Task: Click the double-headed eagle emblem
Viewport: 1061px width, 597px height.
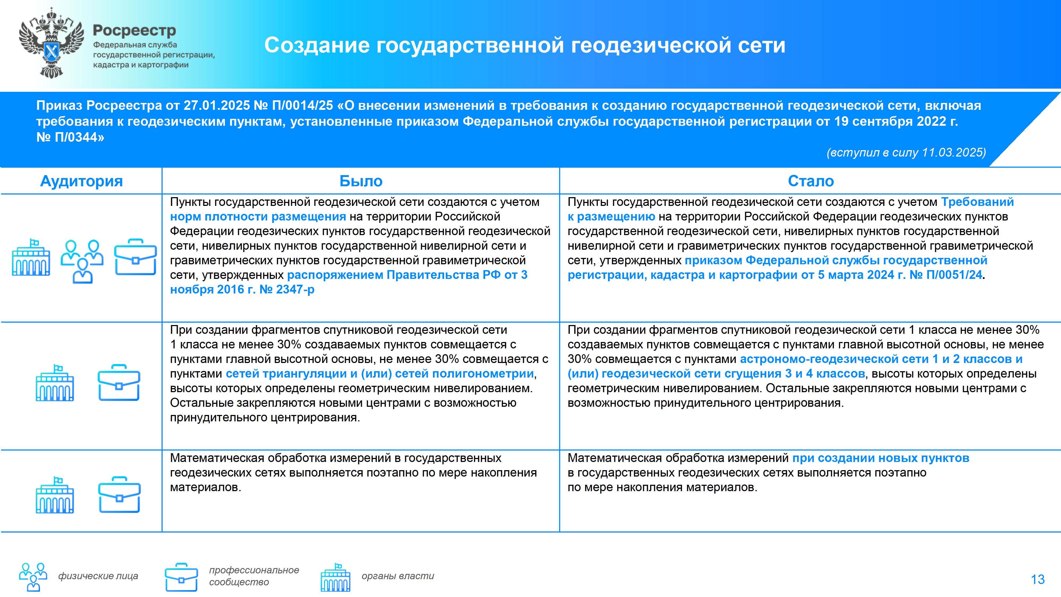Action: (51, 43)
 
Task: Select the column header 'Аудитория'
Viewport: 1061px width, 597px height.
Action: (81, 181)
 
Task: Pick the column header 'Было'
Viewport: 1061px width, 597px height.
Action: (361, 181)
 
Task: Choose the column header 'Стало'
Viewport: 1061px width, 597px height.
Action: (811, 181)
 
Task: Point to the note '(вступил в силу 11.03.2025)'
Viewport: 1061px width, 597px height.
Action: (906, 153)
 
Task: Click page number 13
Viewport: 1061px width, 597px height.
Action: (1037, 579)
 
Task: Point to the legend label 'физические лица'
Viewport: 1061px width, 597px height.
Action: (98, 576)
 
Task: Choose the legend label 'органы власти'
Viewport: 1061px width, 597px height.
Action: (398, 576)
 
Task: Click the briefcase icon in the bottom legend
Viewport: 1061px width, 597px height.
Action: (181, 577)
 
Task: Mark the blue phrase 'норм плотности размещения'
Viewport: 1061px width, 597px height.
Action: (258, 217)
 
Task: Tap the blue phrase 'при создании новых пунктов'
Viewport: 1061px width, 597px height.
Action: (881, 458)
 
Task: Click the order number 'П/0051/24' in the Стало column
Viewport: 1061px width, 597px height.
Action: (954, 275)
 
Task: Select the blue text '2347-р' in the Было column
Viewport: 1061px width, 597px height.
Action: (295, 290)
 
